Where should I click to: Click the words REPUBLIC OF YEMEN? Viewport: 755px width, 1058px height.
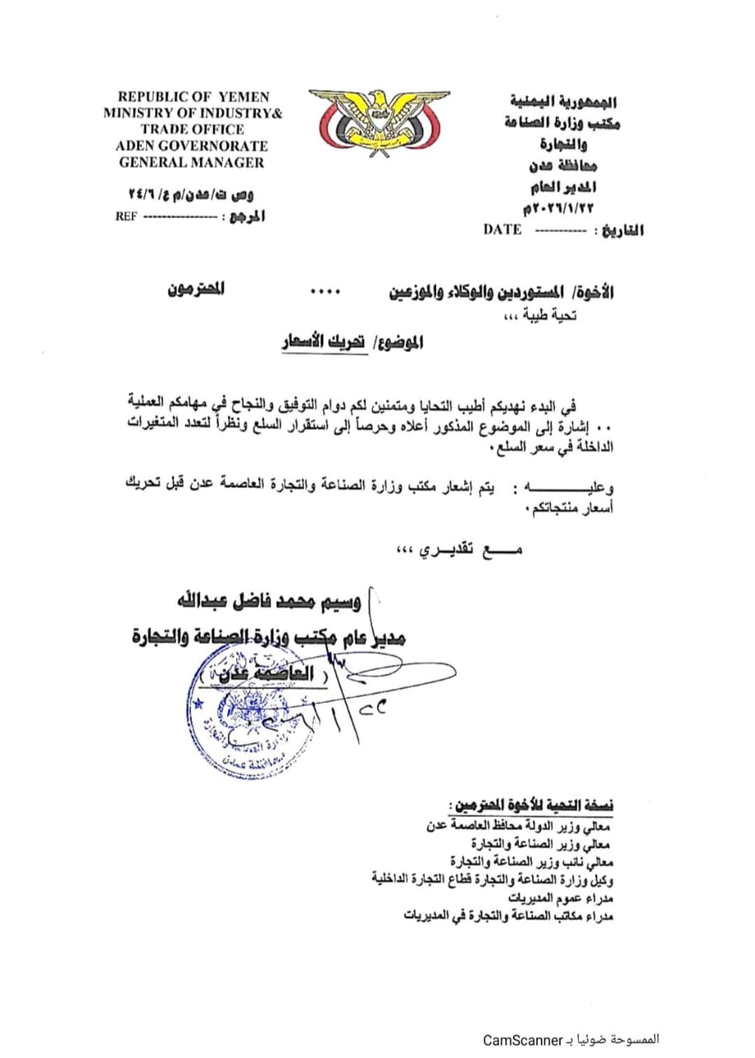click(193, 97)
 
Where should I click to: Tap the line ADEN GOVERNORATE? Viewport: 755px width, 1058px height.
click(192, 145)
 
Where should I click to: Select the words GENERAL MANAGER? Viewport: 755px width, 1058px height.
click(192, 162)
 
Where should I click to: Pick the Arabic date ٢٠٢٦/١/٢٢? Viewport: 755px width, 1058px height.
click(559, 203)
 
